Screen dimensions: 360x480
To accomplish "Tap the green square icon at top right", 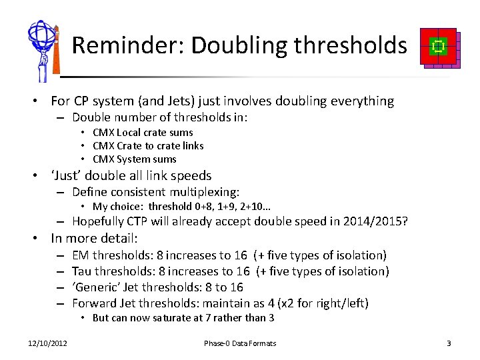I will (x=438, y=46).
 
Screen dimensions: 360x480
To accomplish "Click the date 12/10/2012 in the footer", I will (x=47, y=343).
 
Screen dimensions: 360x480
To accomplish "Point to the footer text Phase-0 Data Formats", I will (x=240, y=343).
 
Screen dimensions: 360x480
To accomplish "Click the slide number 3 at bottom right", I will (x=449, y=343).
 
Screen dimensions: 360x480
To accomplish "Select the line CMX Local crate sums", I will (x=143, y=132).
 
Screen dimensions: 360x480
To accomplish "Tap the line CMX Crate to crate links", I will (x=148, y=145).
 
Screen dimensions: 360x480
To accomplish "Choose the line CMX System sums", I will (x=135, y=159).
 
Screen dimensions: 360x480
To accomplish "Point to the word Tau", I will (x=81, y=271).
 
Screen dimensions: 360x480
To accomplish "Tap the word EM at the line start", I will (x=81, y=255).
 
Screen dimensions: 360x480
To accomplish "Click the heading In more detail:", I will (x=95, y=238).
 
